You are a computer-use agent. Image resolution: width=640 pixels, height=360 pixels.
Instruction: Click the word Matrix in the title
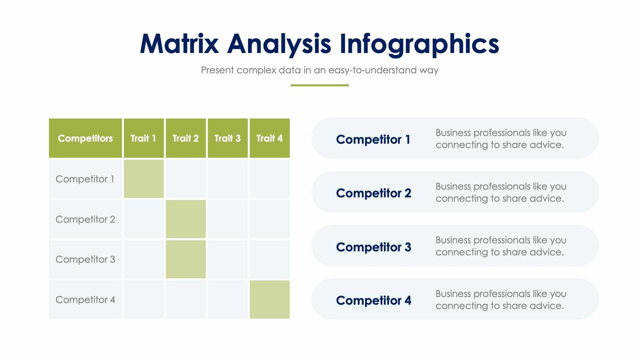179,43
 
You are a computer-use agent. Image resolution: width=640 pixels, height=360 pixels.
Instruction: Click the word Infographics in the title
419,43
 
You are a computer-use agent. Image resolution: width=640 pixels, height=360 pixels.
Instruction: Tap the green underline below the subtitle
320,85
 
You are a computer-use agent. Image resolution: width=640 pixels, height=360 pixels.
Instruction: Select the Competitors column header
85,138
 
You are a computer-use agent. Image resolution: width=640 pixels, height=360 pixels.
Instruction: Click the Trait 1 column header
143,138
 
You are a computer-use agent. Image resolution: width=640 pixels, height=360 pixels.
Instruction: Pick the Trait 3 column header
228,138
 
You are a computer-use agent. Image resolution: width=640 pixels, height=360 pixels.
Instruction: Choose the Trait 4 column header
269,138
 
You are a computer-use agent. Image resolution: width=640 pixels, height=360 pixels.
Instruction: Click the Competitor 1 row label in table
85,179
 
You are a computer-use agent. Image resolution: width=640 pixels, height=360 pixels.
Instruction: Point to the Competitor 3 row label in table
85,259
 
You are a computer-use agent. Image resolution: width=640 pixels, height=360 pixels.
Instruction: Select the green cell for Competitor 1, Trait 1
144,179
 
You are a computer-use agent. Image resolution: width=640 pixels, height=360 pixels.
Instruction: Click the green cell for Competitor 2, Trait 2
186,219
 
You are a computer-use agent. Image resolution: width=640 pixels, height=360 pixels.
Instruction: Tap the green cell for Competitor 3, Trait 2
186,259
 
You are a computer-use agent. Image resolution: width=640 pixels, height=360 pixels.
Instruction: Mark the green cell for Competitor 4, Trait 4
269,300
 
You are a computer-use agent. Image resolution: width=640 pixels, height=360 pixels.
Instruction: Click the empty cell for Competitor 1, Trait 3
228,179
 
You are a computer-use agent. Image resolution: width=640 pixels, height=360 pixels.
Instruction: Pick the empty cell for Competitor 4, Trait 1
144,300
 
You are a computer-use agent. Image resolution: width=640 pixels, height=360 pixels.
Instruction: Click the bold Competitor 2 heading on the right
373,193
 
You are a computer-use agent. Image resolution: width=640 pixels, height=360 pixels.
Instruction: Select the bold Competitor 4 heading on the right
373,301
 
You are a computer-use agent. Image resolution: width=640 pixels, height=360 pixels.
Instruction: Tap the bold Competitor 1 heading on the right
373,139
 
